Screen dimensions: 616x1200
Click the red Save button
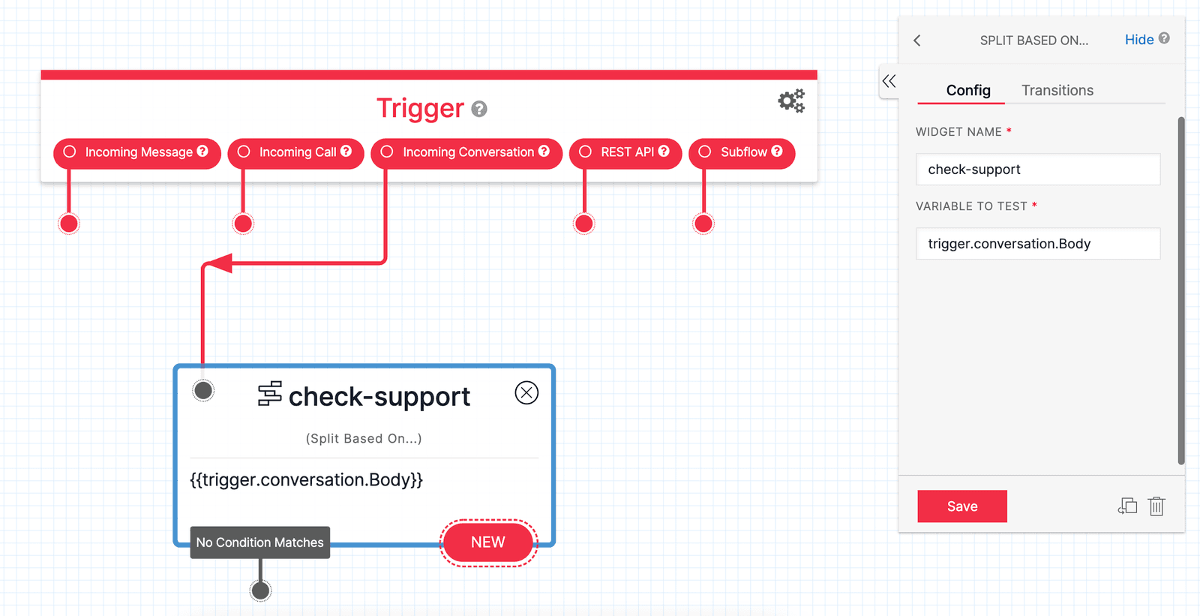pyautogui.click(x=961, y=506)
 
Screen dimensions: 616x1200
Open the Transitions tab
pyautogui.click(x=1057, y=90)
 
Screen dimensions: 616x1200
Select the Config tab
pyautogui.click(x=967, y=90)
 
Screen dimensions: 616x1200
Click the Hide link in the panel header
pyautogui.click(x=1138, y=40)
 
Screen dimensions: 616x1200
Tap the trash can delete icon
pyautogui.click(x=1156, y=506)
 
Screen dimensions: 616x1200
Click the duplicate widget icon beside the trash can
pyautogui.click(x=1127, y=506)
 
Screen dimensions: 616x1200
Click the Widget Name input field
pyautogui.click(x=1037, y=170)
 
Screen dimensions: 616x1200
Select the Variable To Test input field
pyautogui.click(x=1037, y=244)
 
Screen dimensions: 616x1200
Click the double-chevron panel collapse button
pyautogui.click(x=889, y=81)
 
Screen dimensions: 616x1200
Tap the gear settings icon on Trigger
pyautogui.click(x=790, y=101)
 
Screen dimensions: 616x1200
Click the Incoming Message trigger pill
pyautogui.click(x=137, y=152)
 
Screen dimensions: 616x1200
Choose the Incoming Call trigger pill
pyautogui.click(x=296, y=152)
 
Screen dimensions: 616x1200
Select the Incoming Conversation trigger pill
pyautogui.click(x=466, y=152)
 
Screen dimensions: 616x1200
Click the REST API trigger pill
pyautogui.click(x=625, y=152)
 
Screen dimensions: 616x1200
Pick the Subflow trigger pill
pyautogui.click(x=742, y=152)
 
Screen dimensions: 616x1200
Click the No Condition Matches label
pyautogui.click(x=259, y=542)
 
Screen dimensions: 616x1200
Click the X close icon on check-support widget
pyautogui.click(x=526, y=392)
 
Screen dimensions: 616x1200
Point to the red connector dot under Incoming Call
pyautogui.click(x=243, y=224)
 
